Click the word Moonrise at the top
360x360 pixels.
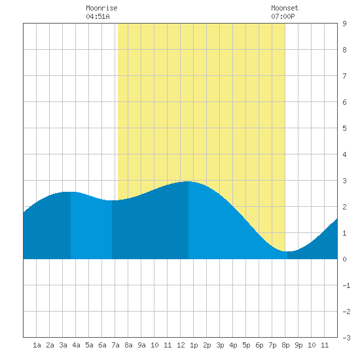(x=101, y=8)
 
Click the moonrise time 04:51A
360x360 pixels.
(x=98, y=16)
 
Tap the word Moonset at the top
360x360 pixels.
(x=285, y=8)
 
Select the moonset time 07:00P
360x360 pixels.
(x=283, y=16)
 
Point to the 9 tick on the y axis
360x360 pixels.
(x=344, y=24)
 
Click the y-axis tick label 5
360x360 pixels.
(x=344, y=128)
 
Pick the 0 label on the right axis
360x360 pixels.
(x=344, y=259)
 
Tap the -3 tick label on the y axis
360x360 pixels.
(x=346, y=338)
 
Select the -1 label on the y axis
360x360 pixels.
(x=346, y=285)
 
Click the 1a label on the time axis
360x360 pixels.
(x=37, y=345)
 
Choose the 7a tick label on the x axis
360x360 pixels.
(x=115, y=345)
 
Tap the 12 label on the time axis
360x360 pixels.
(x=181, y=345)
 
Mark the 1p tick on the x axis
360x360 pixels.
(x=194, y=345)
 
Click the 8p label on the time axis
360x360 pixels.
(x=285, y=345)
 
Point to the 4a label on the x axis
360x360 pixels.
(x=76, y=345)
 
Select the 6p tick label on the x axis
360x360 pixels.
(x=259, y=345)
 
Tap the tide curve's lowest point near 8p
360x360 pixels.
(x=287, y=251)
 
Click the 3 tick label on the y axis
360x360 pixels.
(x=344, y=181)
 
